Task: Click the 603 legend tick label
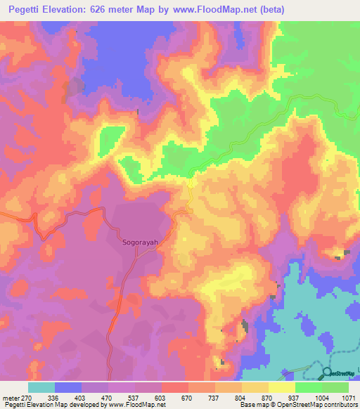click(161, 397)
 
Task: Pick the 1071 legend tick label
click(349, 397)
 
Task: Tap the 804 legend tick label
click(242, 397)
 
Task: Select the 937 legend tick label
click(295, 397)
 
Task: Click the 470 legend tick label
click(108, 397)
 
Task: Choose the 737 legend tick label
click(215, 397)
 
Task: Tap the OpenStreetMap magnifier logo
click(326, 372)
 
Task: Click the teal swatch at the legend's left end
click(41, 387)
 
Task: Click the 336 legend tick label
click(54, 397)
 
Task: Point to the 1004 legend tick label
click(322, 397)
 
